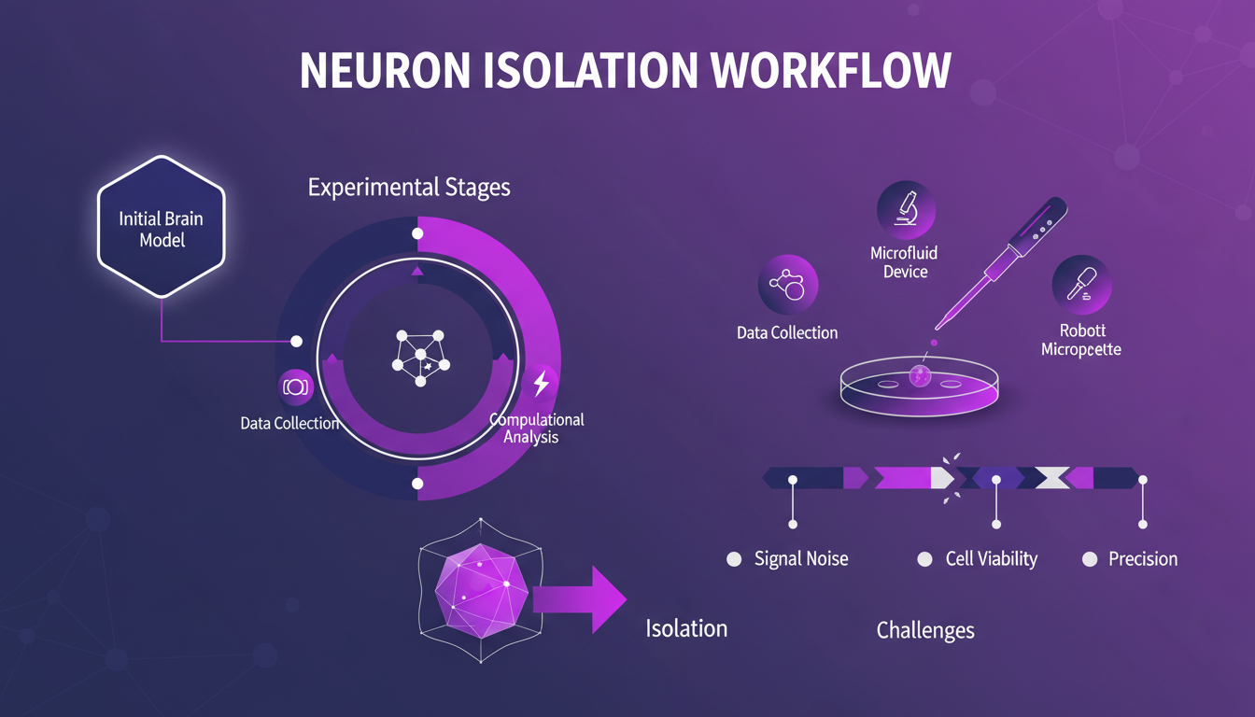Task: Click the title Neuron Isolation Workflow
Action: (x=626, y=72)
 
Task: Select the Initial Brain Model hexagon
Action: (x=162, y=229)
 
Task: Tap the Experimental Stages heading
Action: (x=409, y=187)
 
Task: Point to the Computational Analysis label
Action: (x=537, y=428)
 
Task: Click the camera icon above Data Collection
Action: (x=295, y=387)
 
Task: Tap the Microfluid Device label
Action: (x=904, y=262)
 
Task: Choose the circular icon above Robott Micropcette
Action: (x=1081, y=284)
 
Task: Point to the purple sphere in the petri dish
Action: (x=920, y=375)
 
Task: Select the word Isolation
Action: (x=686, y=628)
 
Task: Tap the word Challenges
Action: (x=925, y=630)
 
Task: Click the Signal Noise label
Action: (x=801, y=559)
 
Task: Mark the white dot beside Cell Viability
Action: (x=924, y=559)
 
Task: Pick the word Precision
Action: (x=1143, y=559)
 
